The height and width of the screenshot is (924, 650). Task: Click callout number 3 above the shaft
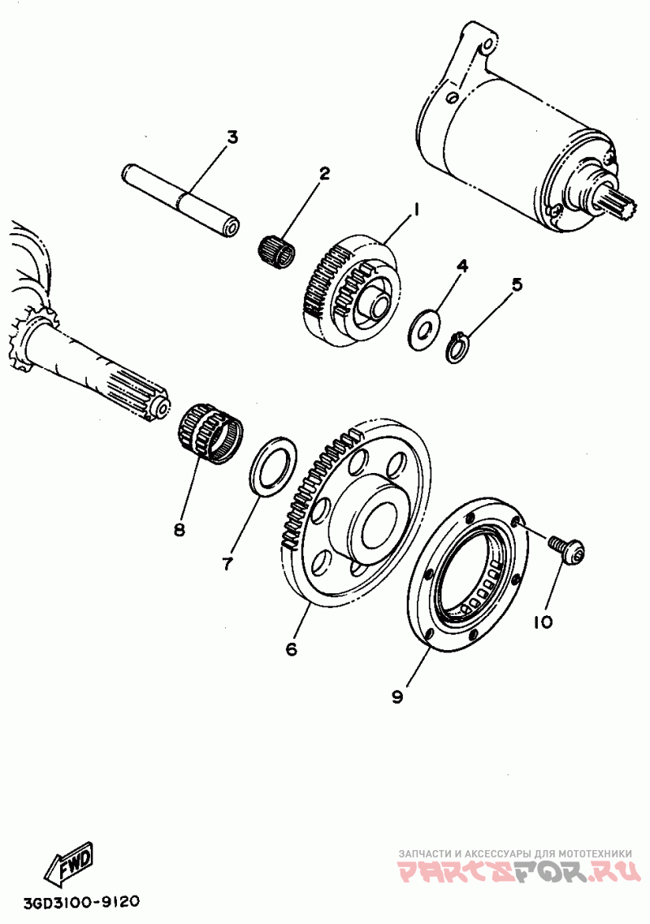[232, 137]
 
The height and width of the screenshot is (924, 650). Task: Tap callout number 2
[323, 173]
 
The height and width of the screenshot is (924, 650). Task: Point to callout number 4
[461, 266]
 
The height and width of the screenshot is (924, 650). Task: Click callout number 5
[517, 284]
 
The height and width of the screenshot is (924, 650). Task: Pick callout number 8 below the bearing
[179, 530]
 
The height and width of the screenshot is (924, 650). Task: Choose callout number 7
[227, 562]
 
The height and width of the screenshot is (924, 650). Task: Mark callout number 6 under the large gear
[291, 649]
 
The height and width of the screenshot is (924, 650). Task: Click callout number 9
[397, 697]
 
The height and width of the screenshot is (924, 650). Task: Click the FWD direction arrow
[71, 865]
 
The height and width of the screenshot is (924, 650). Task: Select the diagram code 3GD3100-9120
[71, 903]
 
